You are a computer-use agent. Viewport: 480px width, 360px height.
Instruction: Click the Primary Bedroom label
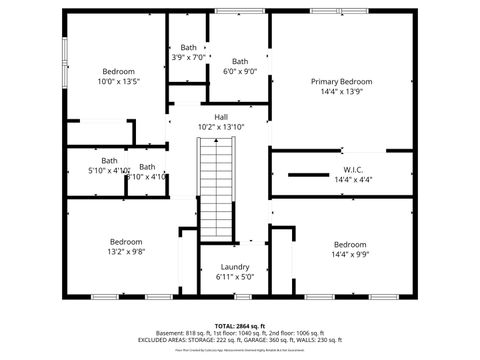341,81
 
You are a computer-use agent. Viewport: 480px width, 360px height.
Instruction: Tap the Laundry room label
234,267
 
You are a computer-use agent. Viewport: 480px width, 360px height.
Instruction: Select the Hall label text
220,117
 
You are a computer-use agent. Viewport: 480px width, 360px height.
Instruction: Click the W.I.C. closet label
352,169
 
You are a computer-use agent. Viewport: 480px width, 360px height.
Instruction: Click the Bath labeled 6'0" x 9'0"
239,71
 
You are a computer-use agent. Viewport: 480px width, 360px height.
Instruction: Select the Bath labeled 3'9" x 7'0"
188,57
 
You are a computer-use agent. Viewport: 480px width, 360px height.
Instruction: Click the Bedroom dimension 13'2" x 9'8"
126,252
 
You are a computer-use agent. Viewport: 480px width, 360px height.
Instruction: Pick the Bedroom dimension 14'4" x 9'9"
350,255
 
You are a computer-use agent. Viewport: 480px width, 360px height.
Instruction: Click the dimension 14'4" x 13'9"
341,91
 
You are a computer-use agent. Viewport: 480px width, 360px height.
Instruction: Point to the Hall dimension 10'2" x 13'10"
220,127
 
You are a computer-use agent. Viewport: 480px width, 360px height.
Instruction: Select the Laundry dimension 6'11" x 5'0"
234,277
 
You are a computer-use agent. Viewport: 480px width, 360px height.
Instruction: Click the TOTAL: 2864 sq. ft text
239,326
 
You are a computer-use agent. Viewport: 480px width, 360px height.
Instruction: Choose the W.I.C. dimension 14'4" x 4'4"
352,179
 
